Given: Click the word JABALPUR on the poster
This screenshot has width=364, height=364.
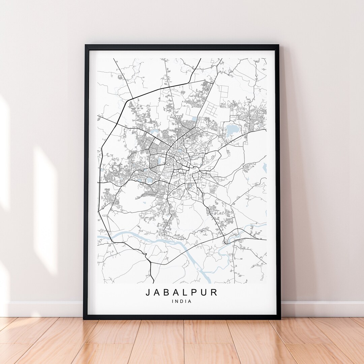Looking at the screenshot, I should click(182, 292).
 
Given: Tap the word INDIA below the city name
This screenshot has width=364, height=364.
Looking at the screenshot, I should click(181, 301).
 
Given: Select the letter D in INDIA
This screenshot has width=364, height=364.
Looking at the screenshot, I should click(181, 301).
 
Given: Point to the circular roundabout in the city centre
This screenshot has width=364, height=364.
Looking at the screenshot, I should click(167, 164).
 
